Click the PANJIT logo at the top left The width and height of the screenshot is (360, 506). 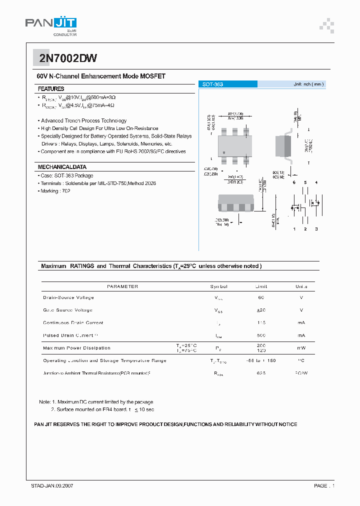pyautogui.click(x=50, y=25)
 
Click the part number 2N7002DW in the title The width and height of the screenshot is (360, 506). pyautogui.click(x=61, y=58)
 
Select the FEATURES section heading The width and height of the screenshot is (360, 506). pyautogui.click(x=51, y=88)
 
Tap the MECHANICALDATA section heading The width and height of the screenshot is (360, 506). pyautogui.click(x=62, y=167)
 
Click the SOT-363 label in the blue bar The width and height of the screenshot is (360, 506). pyautogui.click(x=212, y=84)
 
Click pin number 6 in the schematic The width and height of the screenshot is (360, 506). pyautogui.click(x=294, y=182)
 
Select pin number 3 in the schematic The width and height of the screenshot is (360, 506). pyautogui.click(x=316, y=229)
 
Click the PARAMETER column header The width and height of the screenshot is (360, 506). pyautogui.click(x=122, y=286)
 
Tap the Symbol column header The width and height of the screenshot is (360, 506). pyautogui.click(x=218, y=286)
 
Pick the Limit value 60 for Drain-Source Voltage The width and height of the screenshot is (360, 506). pyautogui.click(x=261, y=297)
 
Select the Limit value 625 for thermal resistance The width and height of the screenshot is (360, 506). pyautogui.click(x=261, y=373)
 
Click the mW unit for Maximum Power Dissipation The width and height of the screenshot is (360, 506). pyautogui.click(x=301, y=348)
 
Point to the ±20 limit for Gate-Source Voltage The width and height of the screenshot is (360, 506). pyautogui.click(x=261, y=310)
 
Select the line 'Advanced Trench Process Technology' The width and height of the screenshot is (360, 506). pyautogui.click(x=83, y=120)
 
